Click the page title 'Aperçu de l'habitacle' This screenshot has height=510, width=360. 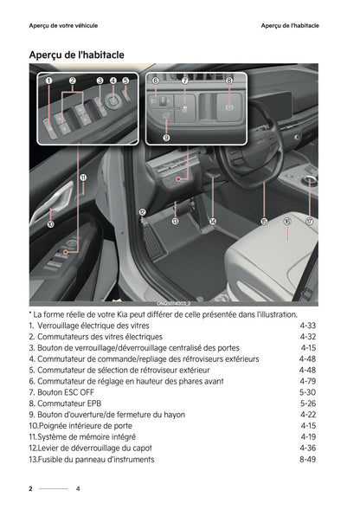(x=76, y=55)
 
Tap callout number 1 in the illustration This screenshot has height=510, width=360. (x=49, y=81)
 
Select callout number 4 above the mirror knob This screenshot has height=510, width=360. (x=113, y=81)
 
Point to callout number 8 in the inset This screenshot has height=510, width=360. (x=229, y=81)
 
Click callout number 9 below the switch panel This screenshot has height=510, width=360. (x=166, y=137)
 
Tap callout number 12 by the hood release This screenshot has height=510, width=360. (x=142, y=212)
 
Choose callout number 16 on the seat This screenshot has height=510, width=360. (x=286, y=222)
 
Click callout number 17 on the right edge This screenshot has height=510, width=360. (x=309, y=222)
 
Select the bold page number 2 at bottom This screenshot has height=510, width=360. (x=30, y=489)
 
